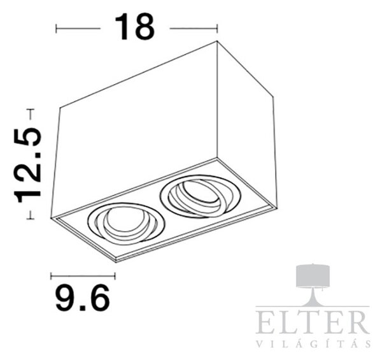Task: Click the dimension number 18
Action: pyautogui.click(x=135, y=27)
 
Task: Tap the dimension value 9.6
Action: pyautogui.click(x=83, y=298)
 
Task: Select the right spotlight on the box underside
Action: pyautogui.click(x=201, y=196)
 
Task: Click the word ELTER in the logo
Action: pyautogui.click(x=313, y=322)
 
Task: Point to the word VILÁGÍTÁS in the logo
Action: pyautogui.click(x=314, y=343)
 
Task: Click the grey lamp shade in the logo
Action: pyautogui.click(x=313, y=277)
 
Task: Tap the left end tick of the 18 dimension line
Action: pyautogui.click(x=56, y=29)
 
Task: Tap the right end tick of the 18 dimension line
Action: pyautogui.click(x=217, y=29)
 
